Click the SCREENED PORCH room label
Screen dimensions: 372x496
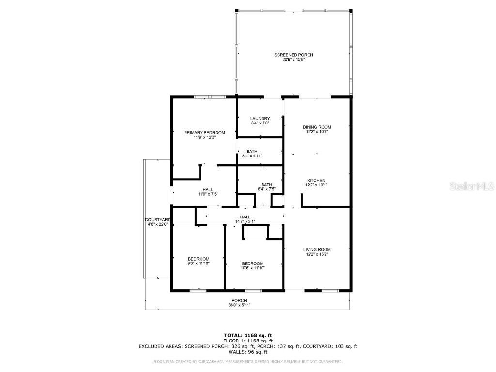290,55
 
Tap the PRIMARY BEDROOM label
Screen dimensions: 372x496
204,133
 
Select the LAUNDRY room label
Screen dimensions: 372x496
260,119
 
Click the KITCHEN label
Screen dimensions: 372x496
316,180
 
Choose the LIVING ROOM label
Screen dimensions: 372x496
317,250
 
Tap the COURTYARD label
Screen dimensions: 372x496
157,220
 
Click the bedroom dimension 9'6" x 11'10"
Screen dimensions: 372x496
199,263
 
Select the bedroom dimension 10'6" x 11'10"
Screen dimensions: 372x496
253,268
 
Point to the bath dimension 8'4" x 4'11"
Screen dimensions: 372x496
251,156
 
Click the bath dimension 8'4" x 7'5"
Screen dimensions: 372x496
266,189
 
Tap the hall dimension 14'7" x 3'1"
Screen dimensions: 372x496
245,222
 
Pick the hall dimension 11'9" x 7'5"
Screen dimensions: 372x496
207,194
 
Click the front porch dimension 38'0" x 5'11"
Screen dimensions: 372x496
239,305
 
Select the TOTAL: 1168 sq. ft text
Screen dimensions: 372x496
248,335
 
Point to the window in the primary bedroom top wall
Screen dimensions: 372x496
210,97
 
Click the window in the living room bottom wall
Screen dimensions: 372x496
330,291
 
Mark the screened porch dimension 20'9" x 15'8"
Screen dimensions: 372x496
290,60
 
